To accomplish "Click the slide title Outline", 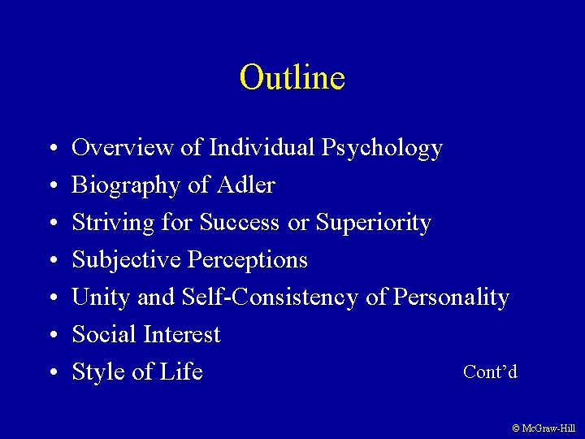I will coord(292,77).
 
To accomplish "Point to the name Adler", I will coord(246,185).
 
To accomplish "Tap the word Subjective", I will coord(127,260).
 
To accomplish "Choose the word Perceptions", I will coord(248,260).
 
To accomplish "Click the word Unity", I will coord(102,298).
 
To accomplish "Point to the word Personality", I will coord(451,298).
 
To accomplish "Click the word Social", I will coord(105,334).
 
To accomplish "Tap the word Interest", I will coord(182,334).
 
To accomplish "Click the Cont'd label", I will coord(490,372).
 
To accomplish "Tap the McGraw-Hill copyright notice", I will coord(544,428).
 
